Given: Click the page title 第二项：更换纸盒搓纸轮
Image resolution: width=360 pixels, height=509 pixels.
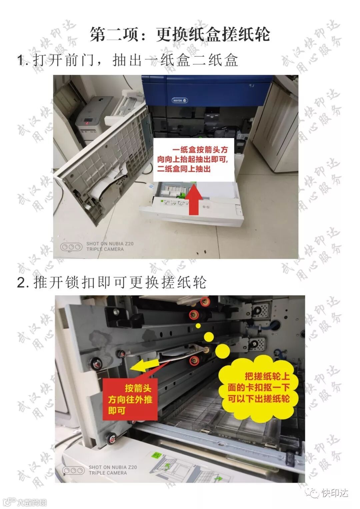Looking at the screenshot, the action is (180, 35).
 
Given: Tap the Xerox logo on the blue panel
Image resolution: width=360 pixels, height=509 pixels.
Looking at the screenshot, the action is (180, 100).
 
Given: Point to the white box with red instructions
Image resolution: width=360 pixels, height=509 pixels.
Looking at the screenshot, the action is (194, 160).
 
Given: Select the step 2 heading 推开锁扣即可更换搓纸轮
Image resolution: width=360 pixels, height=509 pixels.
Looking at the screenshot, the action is (112, 283).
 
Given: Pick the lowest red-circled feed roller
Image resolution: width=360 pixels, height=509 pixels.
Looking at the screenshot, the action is (194, 360).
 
